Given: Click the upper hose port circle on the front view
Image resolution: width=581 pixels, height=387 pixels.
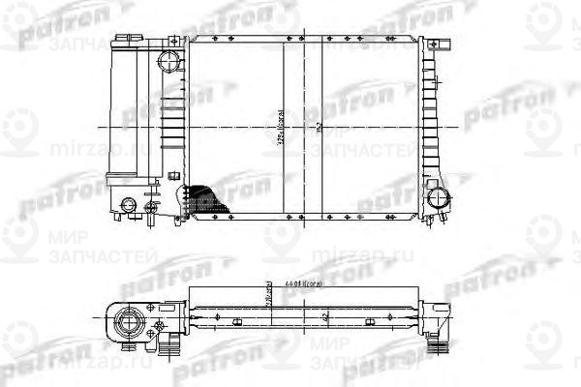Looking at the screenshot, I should pos(169,60).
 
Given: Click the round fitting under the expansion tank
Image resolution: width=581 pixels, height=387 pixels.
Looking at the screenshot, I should pos(128,205).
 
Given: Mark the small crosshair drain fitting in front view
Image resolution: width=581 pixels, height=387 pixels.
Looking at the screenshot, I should pos(149,206).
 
